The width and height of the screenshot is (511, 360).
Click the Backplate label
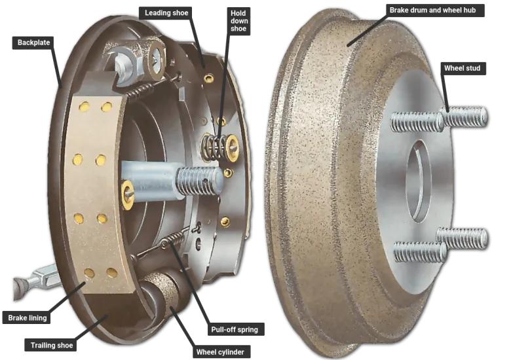click(x=34, y=43)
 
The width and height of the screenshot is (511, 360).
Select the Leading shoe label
click(x=166, y=13)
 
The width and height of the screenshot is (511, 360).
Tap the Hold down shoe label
click(x=238, y=21)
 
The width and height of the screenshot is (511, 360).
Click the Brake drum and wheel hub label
click(x=432, y=10)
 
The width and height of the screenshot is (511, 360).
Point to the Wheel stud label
click(x=462, y=68)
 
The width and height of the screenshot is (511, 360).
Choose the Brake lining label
click(x=27, y=317)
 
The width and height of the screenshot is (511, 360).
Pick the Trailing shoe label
click(x=51, y=345)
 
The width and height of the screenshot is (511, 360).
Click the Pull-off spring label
click(x=235, y=329)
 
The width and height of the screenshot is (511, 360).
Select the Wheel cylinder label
click(x=220, y=352)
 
